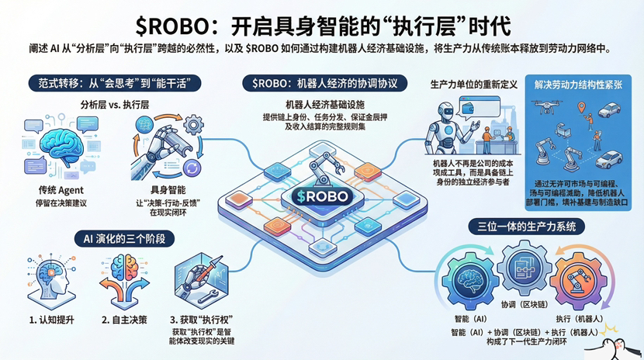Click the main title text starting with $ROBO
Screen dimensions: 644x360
(321, 23)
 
